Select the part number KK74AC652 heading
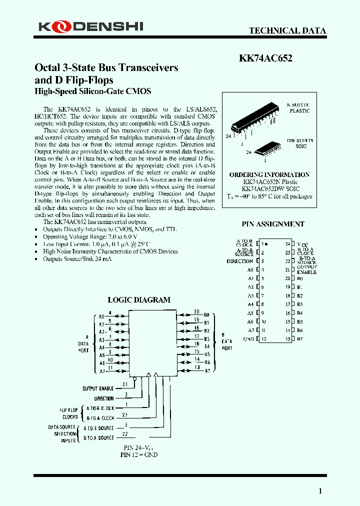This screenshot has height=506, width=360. [265, 57]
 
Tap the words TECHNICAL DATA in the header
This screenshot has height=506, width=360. [287, 30]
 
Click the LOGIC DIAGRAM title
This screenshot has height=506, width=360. [139, 300]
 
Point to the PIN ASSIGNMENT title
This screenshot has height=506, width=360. [273, 224]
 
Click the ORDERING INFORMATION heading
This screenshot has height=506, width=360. [269, 174]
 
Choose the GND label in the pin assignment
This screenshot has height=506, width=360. [248, 339]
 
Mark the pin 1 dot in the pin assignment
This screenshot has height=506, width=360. [266, 244]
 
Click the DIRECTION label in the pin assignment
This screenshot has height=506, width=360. [239, 261]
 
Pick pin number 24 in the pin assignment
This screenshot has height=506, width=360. [288, 244]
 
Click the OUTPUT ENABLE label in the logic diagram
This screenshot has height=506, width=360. [98, 388]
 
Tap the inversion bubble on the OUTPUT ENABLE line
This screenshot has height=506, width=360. [148, 375]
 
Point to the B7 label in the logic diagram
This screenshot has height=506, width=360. [206, 371]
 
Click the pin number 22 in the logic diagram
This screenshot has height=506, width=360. [125, 434]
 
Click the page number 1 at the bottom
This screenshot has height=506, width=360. [320, 491]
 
